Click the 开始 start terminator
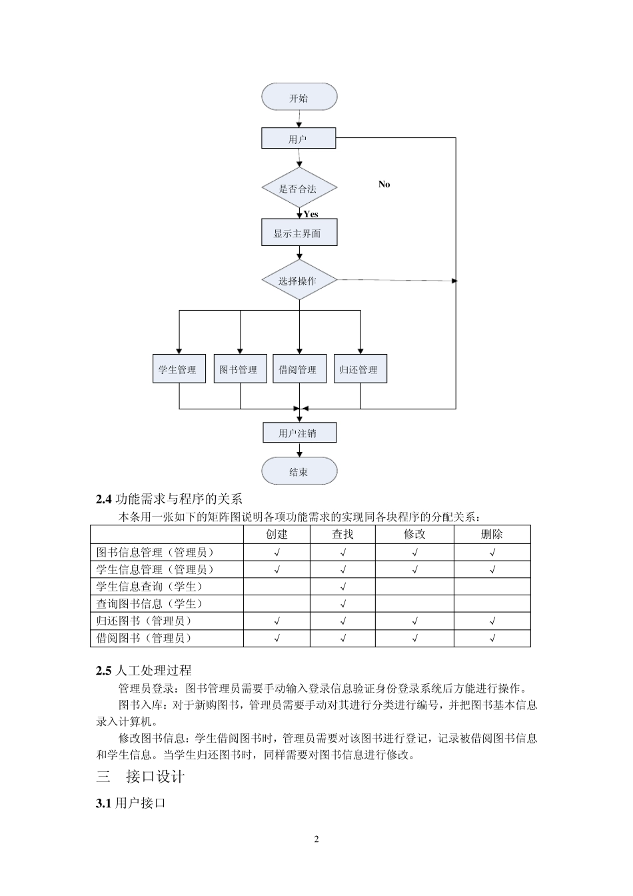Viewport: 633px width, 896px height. tap(299, 97)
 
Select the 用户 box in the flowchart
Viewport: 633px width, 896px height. tap(298, 139)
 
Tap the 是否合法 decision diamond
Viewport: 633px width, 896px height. tap(298, 189)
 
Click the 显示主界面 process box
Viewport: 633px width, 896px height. tap(299, 233)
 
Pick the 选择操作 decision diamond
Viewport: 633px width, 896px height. tap(298, 281)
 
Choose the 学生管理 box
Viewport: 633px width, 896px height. tap(177, 369)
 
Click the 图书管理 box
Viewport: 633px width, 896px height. tap(239, 369)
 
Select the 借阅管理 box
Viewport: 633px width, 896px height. tap(299, 369)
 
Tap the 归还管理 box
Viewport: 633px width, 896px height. tap(359, 369)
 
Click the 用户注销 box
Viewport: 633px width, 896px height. tap(299, 433)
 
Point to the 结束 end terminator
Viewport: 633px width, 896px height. tap(299, 471)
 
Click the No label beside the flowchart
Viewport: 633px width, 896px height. tap(384, 184)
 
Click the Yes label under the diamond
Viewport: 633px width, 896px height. tap(311, 214)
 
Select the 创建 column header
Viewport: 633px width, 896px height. tap(277, 534)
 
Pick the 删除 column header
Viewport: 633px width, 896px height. tap(492, 534)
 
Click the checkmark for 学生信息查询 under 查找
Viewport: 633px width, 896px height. tap(342, 587)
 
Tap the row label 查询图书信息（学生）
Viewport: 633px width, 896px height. tap(150, 603)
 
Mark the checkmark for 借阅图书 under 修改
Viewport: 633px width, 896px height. tap(414, 638)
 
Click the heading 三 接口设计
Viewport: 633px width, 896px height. tap(141, 777)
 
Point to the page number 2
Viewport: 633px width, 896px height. tap(316, 839)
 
